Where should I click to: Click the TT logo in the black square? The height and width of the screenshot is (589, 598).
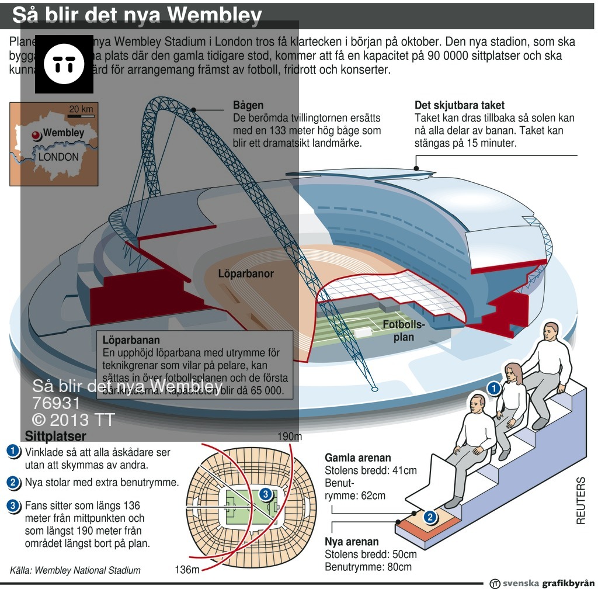pos(64,64)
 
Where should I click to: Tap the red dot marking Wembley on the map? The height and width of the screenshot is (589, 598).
pos(36,134)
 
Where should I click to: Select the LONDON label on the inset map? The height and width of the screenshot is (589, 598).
pos(58,157)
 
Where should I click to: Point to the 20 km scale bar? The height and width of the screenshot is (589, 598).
pos(81,116)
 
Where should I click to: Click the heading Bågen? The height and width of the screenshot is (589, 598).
pos(248,106)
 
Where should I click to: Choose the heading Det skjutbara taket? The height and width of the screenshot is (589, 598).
pos(460,106)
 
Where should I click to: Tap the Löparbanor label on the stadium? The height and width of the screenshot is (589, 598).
pos(246,273)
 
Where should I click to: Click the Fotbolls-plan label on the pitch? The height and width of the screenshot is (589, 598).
pos(404,330)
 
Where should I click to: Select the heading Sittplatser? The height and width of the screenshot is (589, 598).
pos(55,436)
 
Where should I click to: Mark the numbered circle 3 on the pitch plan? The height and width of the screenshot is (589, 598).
pos(265,495)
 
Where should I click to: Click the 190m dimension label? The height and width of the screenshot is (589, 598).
pos(289,436)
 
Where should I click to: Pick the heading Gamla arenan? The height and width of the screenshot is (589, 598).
pos(358,458)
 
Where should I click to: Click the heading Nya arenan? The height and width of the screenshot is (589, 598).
pos(352,542)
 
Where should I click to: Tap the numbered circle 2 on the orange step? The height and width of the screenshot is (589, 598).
pos(430,517)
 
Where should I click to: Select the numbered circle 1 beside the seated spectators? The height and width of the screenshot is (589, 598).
pos(493,388)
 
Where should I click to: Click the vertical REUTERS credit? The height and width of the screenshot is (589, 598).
pos(580,500)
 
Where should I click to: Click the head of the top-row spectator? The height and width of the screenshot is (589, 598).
pos(552,334)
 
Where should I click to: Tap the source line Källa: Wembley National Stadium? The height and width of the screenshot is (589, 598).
pos(75,570)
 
